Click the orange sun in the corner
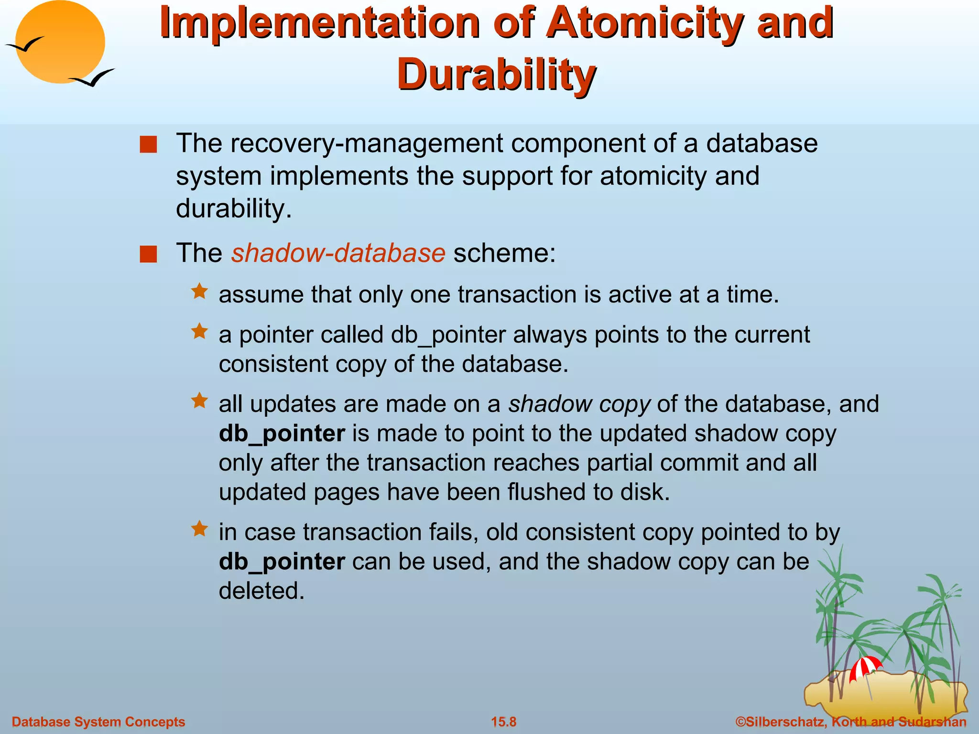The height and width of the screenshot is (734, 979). coord(60,42)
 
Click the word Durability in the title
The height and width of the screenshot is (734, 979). coord(496,75)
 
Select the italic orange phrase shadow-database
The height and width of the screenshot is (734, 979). coord(338,253)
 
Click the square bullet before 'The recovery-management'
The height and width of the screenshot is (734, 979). coord(148,144)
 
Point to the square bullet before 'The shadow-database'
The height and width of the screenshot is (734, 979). coord(148,254)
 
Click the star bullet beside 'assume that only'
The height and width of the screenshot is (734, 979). coord(199,291)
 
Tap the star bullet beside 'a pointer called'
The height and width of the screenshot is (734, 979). coord(199,331)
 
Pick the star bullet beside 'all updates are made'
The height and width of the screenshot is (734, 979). coord(199,400)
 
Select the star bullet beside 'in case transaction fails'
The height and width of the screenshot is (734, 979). coord(199,529)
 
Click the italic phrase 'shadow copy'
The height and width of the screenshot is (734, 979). coord(579,404)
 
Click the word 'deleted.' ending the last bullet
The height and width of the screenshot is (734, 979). coord(261,591)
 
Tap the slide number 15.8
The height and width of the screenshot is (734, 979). coord(504,722)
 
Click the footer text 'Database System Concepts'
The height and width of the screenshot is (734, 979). coord(98,722)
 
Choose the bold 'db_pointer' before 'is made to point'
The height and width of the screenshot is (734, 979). coord(282,434)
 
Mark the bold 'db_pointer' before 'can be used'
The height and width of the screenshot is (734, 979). coord(282,562)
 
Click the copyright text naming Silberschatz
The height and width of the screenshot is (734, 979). coord(851,722)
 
